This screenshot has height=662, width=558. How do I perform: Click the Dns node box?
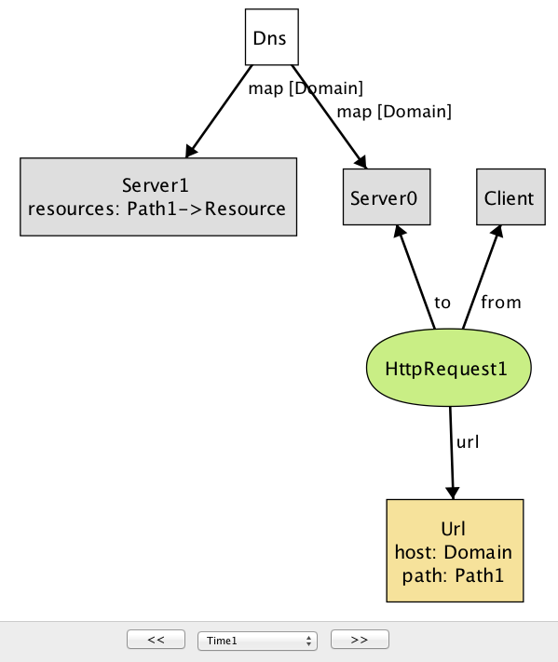point(272,37)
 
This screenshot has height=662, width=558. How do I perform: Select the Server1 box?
point(158,196)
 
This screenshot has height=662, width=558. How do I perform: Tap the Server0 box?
point(387,196)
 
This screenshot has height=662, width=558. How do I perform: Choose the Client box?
point(510,196)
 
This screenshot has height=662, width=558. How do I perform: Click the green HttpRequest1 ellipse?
point(449,368)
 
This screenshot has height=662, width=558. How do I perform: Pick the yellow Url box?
point(455,550)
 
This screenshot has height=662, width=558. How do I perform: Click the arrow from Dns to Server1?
point(219,112)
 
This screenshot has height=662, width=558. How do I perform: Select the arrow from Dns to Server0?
point(329,117)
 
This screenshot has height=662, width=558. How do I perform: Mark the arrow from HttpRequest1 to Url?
point(452,453)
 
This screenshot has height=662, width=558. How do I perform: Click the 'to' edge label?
point(442,303)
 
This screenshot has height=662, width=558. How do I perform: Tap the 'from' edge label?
point(501,302)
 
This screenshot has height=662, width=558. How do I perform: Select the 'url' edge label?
point(468,442)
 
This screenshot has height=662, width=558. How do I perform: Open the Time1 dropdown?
point(257,641)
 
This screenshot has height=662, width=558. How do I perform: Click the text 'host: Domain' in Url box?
point(454,552)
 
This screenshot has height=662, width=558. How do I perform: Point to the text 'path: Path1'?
point(454,575)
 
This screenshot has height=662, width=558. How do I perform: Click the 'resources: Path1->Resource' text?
point(157,209)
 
